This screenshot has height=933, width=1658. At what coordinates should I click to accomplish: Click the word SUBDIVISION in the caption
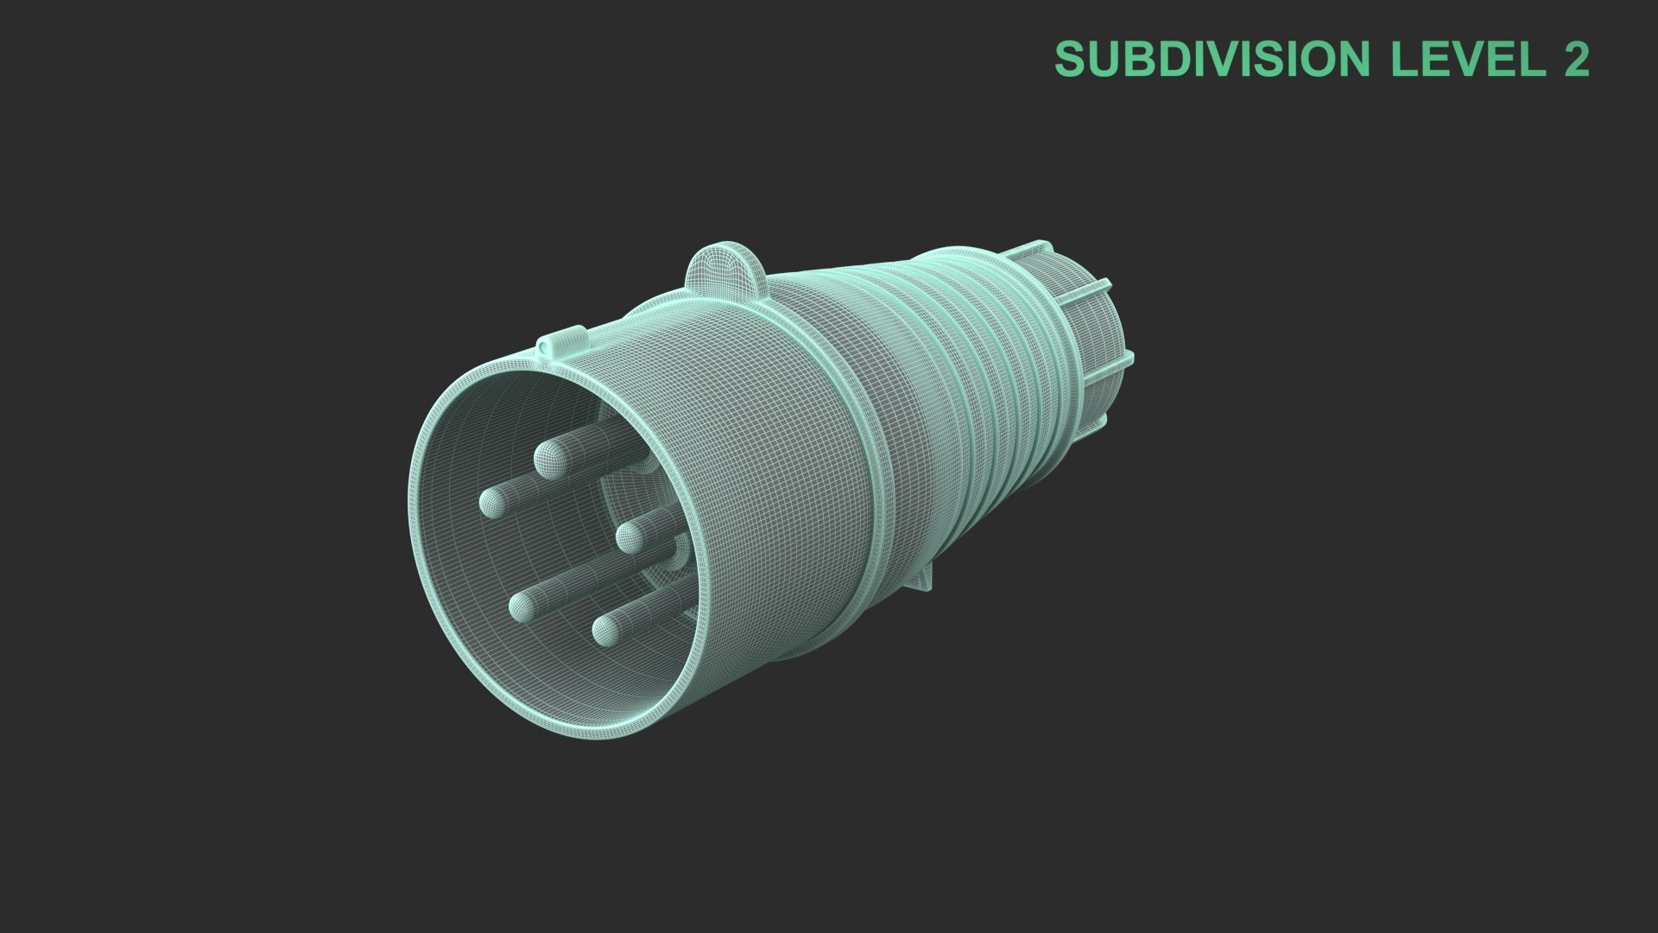(x=1212, y=59)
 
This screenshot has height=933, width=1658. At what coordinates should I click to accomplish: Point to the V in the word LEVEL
(x=1468, y=59)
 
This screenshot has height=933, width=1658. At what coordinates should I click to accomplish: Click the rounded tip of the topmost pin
(x=550, y=459)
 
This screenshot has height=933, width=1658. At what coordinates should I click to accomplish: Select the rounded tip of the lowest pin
(x=608, y=630)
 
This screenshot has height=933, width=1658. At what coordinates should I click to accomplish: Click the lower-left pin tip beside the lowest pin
(x=522, y=607)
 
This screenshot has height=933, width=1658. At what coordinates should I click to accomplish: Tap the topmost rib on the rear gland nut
(x=1035, y=249)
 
